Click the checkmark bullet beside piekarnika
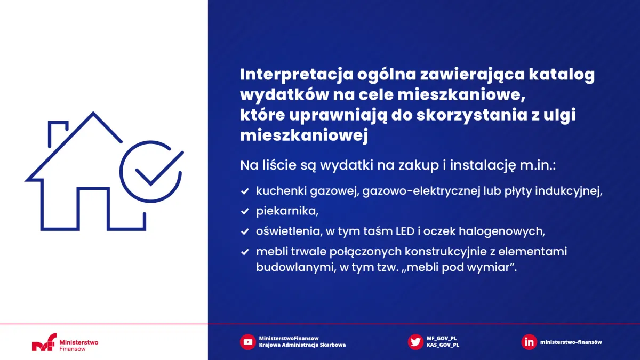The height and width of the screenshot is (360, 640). pos(245,211)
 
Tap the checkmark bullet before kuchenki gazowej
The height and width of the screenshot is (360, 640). pos(245,191)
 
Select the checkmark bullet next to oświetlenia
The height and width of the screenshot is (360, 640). pos(245,231)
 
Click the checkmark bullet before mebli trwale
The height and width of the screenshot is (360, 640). pos(245,252)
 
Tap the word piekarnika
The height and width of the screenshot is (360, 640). pos(287,211)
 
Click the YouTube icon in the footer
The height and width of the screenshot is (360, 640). pos(247,342)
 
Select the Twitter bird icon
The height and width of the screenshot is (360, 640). pos(415,342)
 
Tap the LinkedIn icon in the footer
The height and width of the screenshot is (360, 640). pos(529,342)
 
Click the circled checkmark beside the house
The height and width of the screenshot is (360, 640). pos(150,170)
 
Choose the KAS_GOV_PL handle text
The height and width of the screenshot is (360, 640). pos(443,345)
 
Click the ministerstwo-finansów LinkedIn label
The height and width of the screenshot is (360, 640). pos(571,342)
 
